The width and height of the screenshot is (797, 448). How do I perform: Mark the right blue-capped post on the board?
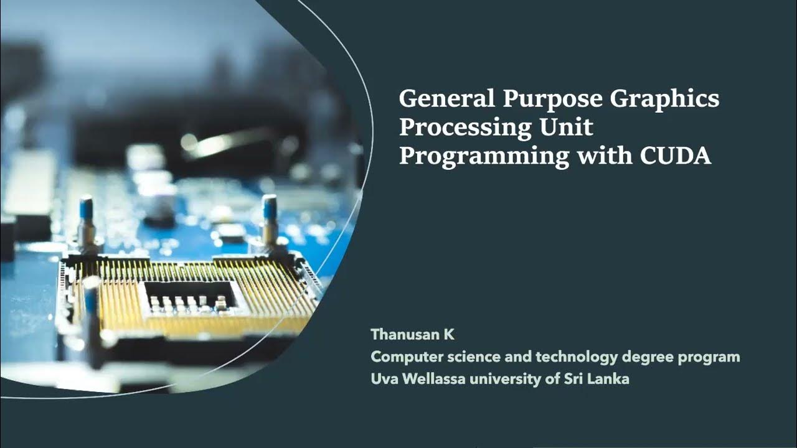[270, 222]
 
